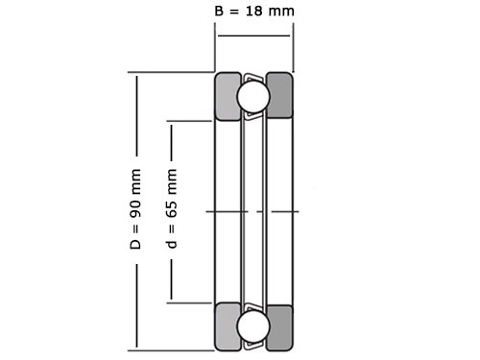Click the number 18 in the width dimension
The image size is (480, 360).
coord(254,12)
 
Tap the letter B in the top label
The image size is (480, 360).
coord(219,12)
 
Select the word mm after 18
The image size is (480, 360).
coord(281,12)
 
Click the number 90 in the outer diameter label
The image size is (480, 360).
coord(135,208)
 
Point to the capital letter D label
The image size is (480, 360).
coord(135,244)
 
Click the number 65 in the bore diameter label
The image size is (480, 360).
coord(172,208)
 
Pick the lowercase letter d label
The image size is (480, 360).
coord(172,244)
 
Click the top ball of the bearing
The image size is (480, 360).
coord(253,97)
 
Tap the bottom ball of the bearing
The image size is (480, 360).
coord(253,326)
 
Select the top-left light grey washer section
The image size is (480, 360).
coord(228,96)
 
